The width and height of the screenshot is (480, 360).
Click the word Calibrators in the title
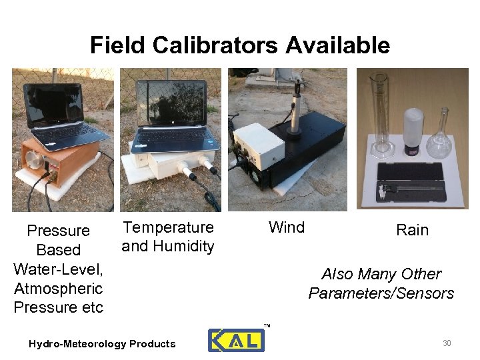[x=215, y=45]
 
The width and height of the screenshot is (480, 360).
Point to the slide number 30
[x=447, y=343]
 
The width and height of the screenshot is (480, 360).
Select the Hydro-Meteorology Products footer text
[x=102, y=344]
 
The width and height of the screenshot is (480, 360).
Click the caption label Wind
[x=286, y=227]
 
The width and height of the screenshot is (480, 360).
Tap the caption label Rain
[x=412, y=230]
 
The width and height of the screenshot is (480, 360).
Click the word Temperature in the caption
[x=169, y=227]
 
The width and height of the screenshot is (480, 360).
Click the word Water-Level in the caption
[x=57, y=269]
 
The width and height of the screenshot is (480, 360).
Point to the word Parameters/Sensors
[x=381, y=293]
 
